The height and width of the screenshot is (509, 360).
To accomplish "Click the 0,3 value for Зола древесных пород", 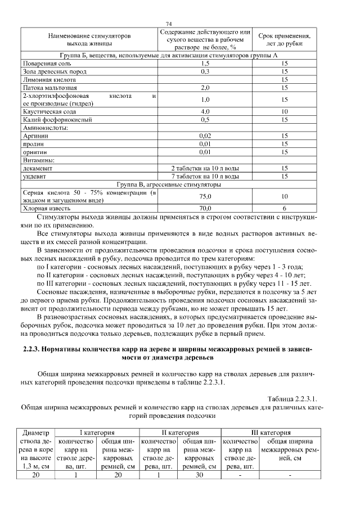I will [x=205, y=72].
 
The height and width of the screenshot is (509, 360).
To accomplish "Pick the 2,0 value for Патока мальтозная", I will [x=205, y=88].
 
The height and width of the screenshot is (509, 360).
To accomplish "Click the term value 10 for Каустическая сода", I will [x=284, y=112].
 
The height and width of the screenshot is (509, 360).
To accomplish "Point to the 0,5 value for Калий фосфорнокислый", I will [x=205, y=120].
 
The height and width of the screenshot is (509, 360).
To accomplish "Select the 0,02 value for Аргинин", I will [x=205, y=136].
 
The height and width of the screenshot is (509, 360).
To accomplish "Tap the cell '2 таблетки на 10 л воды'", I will [x=205, y=168].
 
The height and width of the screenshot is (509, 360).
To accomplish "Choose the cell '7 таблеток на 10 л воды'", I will [x=205, y=177].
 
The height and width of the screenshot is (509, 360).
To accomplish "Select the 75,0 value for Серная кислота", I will [x=205, y=196].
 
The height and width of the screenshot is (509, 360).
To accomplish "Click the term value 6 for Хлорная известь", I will [x=284, y=208].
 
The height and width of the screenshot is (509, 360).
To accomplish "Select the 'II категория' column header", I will [x=180, y=433].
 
